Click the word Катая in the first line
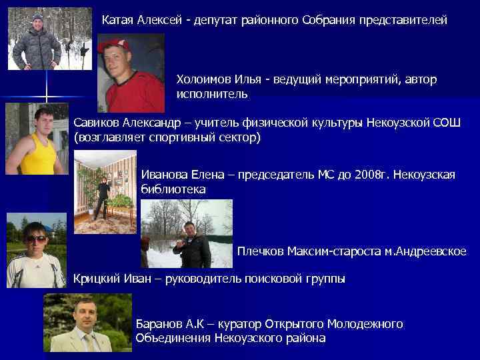117,21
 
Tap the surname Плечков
260,251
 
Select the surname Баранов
159,324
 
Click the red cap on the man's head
113,45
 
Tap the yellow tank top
36,157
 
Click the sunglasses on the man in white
35,239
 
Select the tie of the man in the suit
87,342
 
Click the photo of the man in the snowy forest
50,39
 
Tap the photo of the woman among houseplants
105,192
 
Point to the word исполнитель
212,95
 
